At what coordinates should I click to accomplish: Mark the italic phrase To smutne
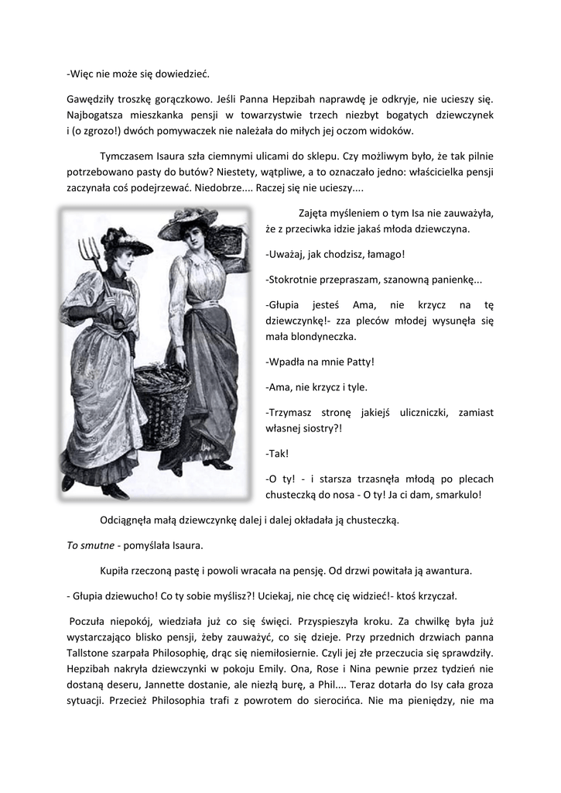[x=89, y=545]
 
